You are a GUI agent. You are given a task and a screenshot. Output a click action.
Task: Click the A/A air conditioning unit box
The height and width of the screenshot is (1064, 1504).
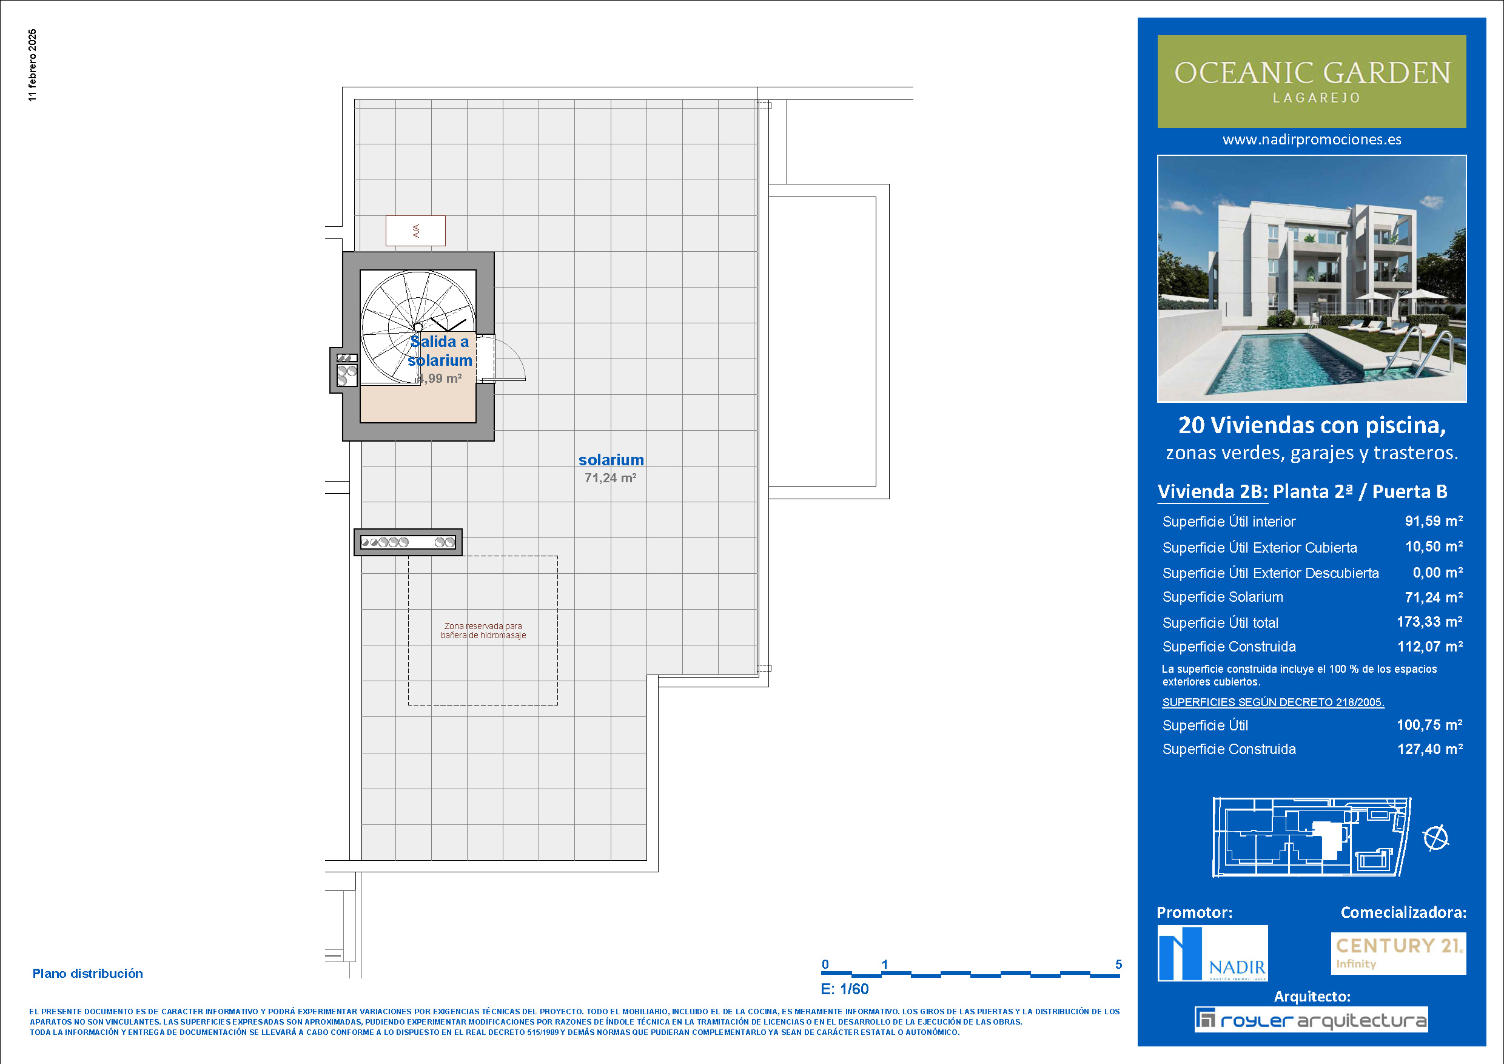pyautogui.click(x=415, y=231)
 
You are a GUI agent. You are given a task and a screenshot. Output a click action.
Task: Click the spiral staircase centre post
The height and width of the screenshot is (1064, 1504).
pyautogui.click(x=417, y=327)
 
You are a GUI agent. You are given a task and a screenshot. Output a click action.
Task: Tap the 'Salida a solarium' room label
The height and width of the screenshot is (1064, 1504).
pyautogui.click(x=440, y=351)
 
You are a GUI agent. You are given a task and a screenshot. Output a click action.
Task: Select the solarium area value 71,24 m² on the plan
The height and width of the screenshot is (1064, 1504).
pyautogui.click(x=611, y=478)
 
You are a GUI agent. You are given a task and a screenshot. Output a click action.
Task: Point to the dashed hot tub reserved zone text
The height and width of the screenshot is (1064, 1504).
pyautogui.click(x=483, y=630)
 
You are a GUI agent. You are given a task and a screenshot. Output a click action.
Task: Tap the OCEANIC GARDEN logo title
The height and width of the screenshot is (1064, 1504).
pyautogui.click(x=1312, y=73)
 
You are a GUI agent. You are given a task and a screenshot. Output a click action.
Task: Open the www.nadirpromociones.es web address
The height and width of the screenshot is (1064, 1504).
pyautogui.click(x=1312, y=140)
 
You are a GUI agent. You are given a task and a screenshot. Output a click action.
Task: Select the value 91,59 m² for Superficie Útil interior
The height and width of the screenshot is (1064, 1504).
pyautogui.click(x=1434, y=521)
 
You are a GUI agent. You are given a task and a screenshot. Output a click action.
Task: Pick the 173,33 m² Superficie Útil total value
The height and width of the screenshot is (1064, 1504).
pyautogui.click(x=1430, y=622)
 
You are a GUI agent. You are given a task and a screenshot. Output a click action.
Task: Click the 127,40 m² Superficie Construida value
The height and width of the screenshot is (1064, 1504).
pyautogui.click(x=1431, y=749)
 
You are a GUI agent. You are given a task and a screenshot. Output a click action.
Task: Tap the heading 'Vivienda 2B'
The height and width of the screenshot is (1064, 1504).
pyautogui.click(x=1212, y=491)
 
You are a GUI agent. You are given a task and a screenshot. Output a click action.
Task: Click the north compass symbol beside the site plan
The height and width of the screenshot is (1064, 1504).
pyautogui.click(x=1436, y=838)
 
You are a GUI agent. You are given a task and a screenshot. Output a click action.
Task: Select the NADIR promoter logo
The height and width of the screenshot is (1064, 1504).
pyautogui.click(x=1212, y=953)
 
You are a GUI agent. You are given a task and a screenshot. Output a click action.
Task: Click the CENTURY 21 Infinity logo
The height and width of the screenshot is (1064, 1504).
pyautogui.click(x=1398, y=953)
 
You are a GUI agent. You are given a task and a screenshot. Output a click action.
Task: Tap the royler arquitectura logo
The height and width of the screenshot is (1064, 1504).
pyautogui.click(x=1311, y=1020)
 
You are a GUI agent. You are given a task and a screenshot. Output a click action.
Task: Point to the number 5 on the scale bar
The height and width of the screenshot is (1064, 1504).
pyautogui.click(x=1119, y=965)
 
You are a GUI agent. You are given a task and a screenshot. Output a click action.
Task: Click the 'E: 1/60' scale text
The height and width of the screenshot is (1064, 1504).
pyautogui.click(x=845, y=989)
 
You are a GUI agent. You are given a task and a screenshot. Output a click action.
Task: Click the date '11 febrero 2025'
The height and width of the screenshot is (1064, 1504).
pyautogui.click(x=33, y=65)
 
